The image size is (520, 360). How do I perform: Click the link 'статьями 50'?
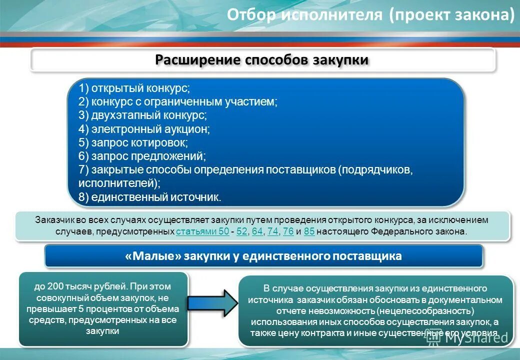tap(202, 231)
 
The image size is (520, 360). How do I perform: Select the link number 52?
tap(242, 231)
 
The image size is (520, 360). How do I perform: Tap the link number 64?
tap(257, 231)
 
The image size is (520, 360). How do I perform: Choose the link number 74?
tap(272, 231)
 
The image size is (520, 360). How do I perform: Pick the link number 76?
tap(288, 231)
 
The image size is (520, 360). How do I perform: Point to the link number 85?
tap(309, 231)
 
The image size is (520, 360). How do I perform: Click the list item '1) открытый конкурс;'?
tap(134, 88)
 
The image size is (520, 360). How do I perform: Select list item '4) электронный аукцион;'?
tap(144, 129)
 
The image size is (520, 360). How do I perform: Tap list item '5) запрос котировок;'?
tap(133, 142)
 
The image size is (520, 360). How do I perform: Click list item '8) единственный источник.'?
tap(149, 197)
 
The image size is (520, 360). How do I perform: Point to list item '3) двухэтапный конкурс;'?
tap(142, 115)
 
